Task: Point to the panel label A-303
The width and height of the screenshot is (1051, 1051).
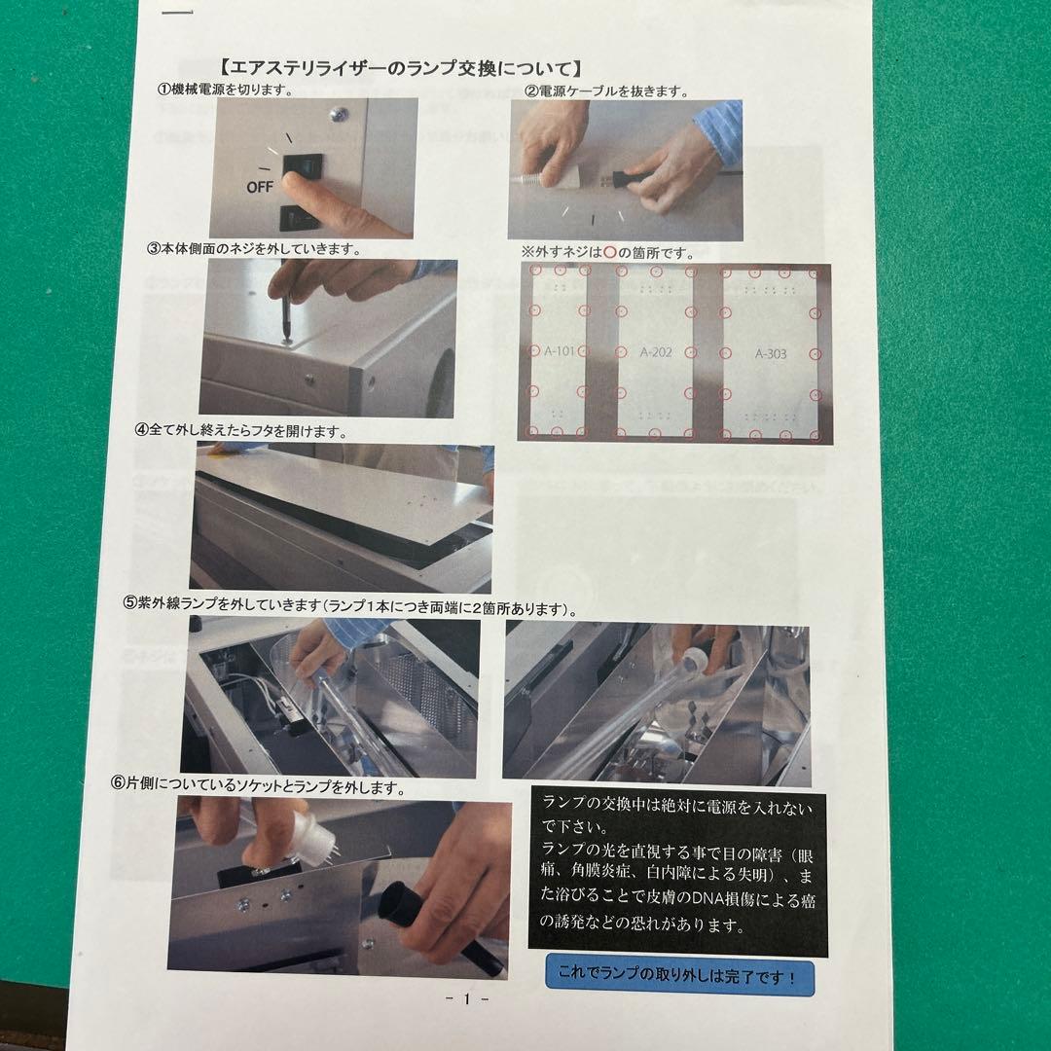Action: click(x=771, y=354)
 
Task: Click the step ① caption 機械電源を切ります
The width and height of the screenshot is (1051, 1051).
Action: click(x=226, y=89)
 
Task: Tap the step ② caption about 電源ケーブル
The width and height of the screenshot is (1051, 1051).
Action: click(x=607, y=91)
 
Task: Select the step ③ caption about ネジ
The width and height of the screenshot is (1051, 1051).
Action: click(x=254, y=248)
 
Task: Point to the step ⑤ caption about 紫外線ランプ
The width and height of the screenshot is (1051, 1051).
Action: click(x=349, y=607)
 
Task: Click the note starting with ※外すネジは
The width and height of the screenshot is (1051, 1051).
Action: click(x=608, y=252)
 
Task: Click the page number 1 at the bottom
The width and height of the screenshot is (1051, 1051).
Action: click(x=467, y=1000)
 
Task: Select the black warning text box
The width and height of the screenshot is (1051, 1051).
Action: click(x=677, y=872)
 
